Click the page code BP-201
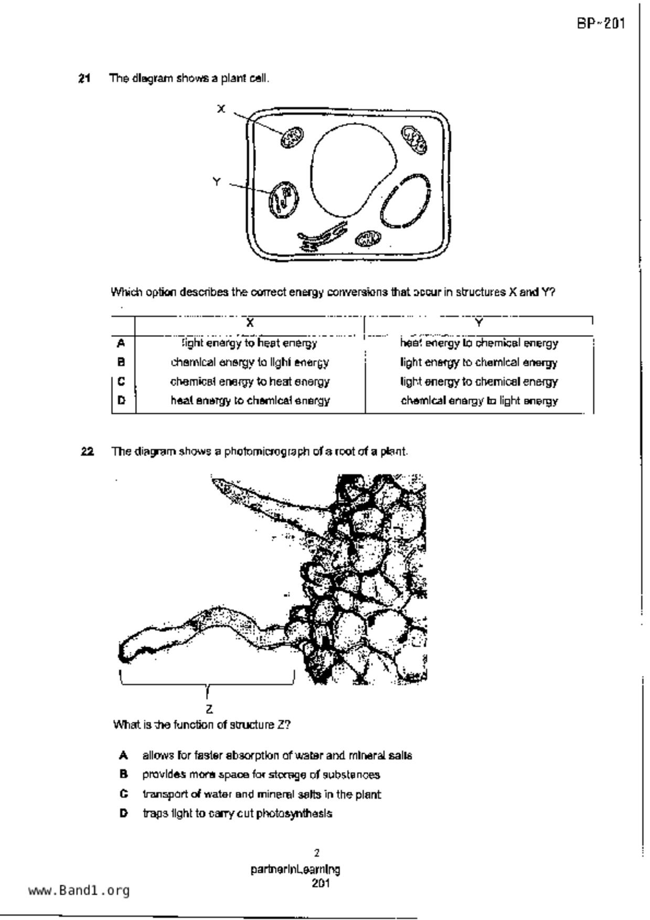[x=601, y=24]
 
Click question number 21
[x=84, y=79]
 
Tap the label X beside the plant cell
[x=221, y=109]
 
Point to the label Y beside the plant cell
[x=217, y=181]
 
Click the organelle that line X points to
[x=292, y=137]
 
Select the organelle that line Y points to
[x=283, y=200]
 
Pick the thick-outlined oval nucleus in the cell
[x=405, y=201]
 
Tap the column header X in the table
[x=250, y=323]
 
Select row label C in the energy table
[x=122, y=381]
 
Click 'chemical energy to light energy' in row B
[x=250, y=362]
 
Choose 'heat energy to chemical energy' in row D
[x=250, y=401]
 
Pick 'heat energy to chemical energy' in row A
[x=478, y=343]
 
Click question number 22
[x=87, y=452]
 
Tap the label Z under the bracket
[x=209, y=709]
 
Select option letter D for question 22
[x=124, y=814]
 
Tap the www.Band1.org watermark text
[x=79, y=890]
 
